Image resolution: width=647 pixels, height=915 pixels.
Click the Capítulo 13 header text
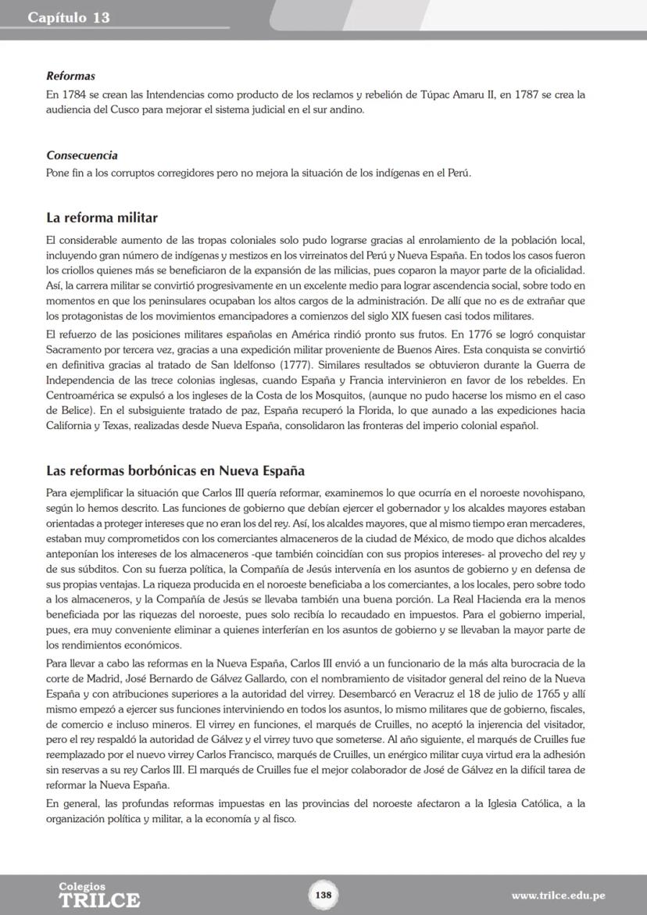click(68, 17)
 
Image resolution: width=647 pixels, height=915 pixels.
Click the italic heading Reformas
click(70, 77)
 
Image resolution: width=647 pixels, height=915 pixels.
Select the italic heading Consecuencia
click(81, 155)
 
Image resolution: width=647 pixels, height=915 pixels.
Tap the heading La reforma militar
click(102, 217)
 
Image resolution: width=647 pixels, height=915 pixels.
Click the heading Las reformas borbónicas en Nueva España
click(175, 471)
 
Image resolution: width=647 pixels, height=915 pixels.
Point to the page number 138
click(323, 895)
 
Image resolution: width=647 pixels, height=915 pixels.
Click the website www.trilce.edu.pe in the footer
click(558, 895)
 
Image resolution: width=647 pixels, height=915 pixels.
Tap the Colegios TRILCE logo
click(99, 895)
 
